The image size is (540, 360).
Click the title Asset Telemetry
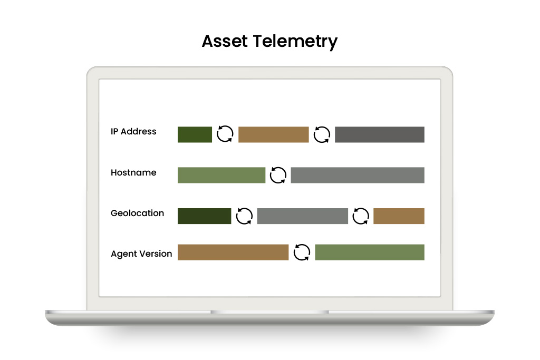[269, 42]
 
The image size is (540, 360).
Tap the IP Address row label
[133, 131]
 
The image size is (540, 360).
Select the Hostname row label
[133, 172]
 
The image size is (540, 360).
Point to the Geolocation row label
[138, 213]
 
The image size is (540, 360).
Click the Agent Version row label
[141, 254]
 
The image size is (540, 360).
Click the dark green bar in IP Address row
[195, 134]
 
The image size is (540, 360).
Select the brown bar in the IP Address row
[274, 134]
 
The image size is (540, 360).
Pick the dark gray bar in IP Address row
[380, 134]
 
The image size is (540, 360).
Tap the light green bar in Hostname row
[221, 175]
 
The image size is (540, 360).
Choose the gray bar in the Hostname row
[358, 175]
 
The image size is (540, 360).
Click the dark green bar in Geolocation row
[204, 216]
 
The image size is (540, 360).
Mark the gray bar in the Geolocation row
[302, 216]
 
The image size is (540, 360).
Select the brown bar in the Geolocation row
[399, 216]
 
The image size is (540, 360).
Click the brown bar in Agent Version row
[233, 252]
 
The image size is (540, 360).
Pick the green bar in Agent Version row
[370, 252]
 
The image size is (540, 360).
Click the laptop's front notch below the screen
[269, 312]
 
